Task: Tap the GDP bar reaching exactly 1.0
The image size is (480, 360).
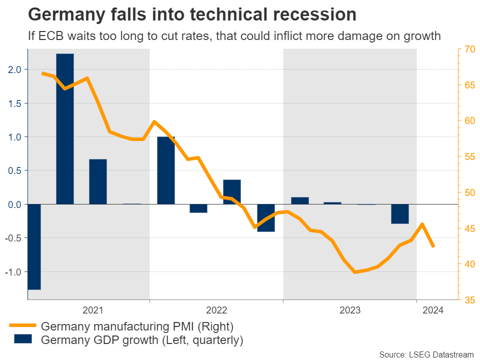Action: pyautogui.click(x=166, y=170)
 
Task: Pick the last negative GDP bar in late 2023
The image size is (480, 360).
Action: pyautogui.click(x=399, y=213)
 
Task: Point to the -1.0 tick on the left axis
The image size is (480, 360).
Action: pyautogui.click(x=13, y=272)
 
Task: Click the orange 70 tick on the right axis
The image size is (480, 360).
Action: pyautogui.click(x=469, y=49)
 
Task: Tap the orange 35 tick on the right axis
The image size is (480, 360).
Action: pyautogui.click(x=469, y=300)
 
